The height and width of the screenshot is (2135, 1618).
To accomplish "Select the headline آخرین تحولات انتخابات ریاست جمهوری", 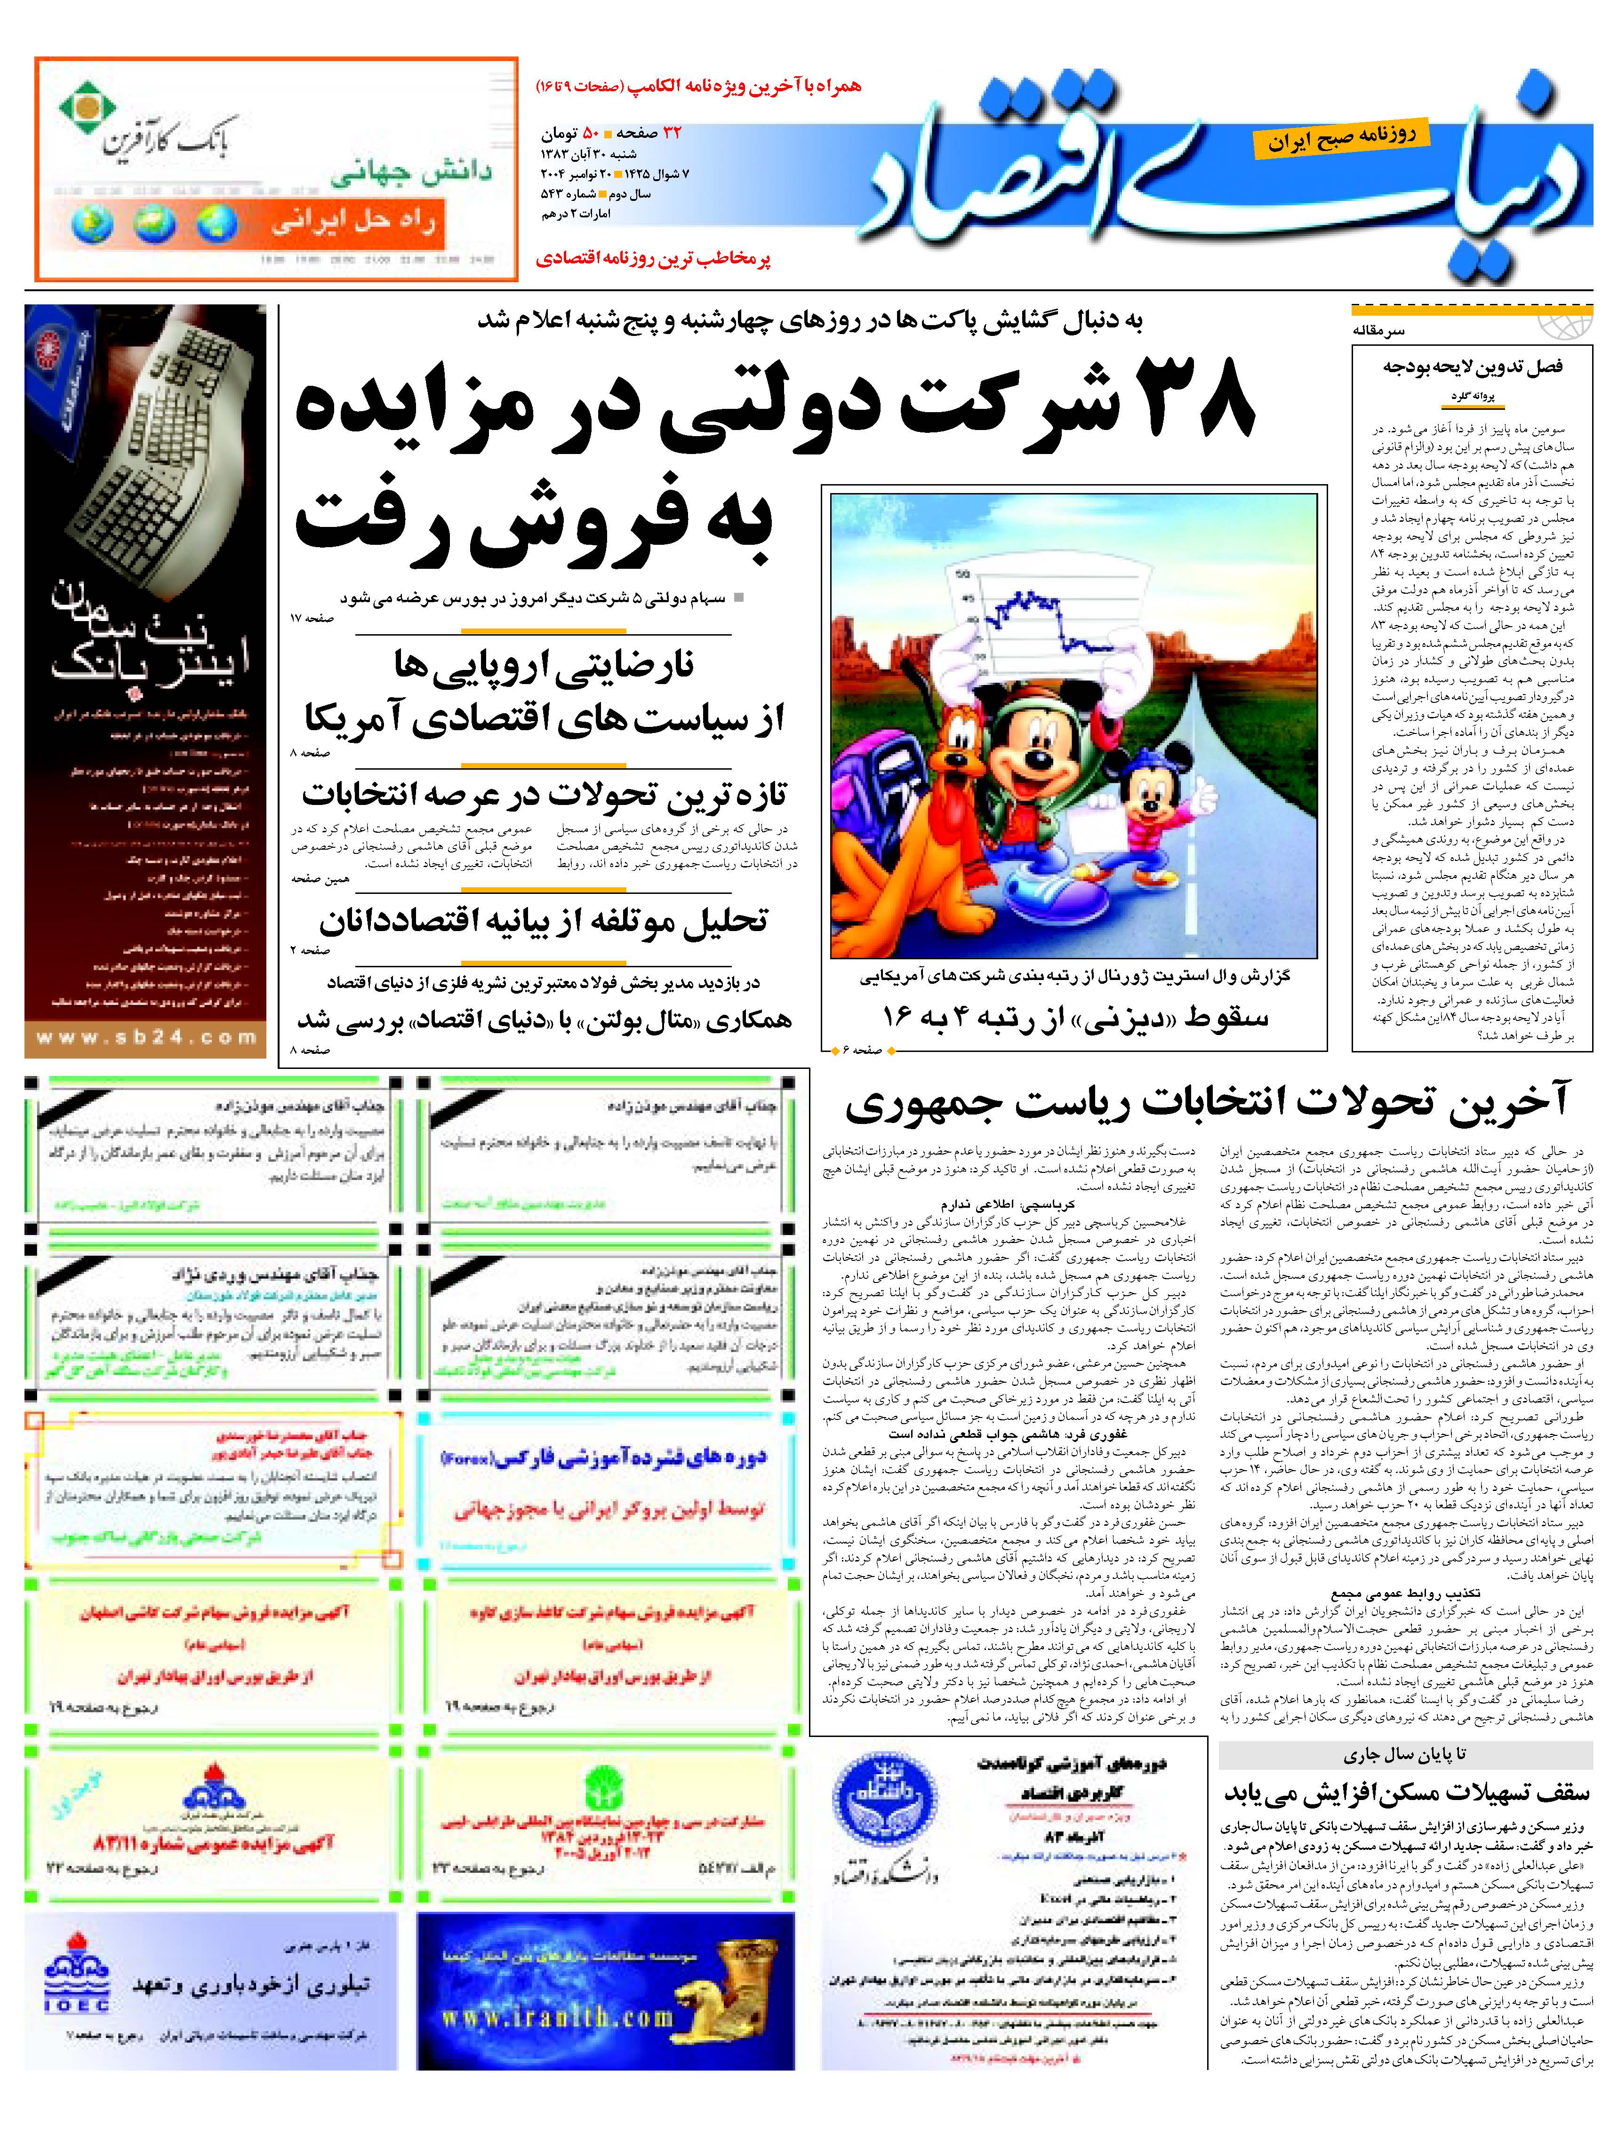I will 1207,1103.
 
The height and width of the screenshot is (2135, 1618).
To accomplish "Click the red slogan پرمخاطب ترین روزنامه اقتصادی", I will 654,259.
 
